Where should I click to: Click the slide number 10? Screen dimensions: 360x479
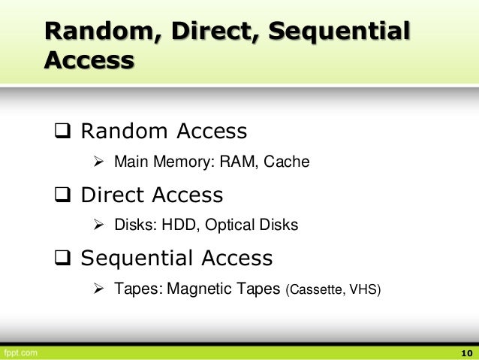click(465, 352)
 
